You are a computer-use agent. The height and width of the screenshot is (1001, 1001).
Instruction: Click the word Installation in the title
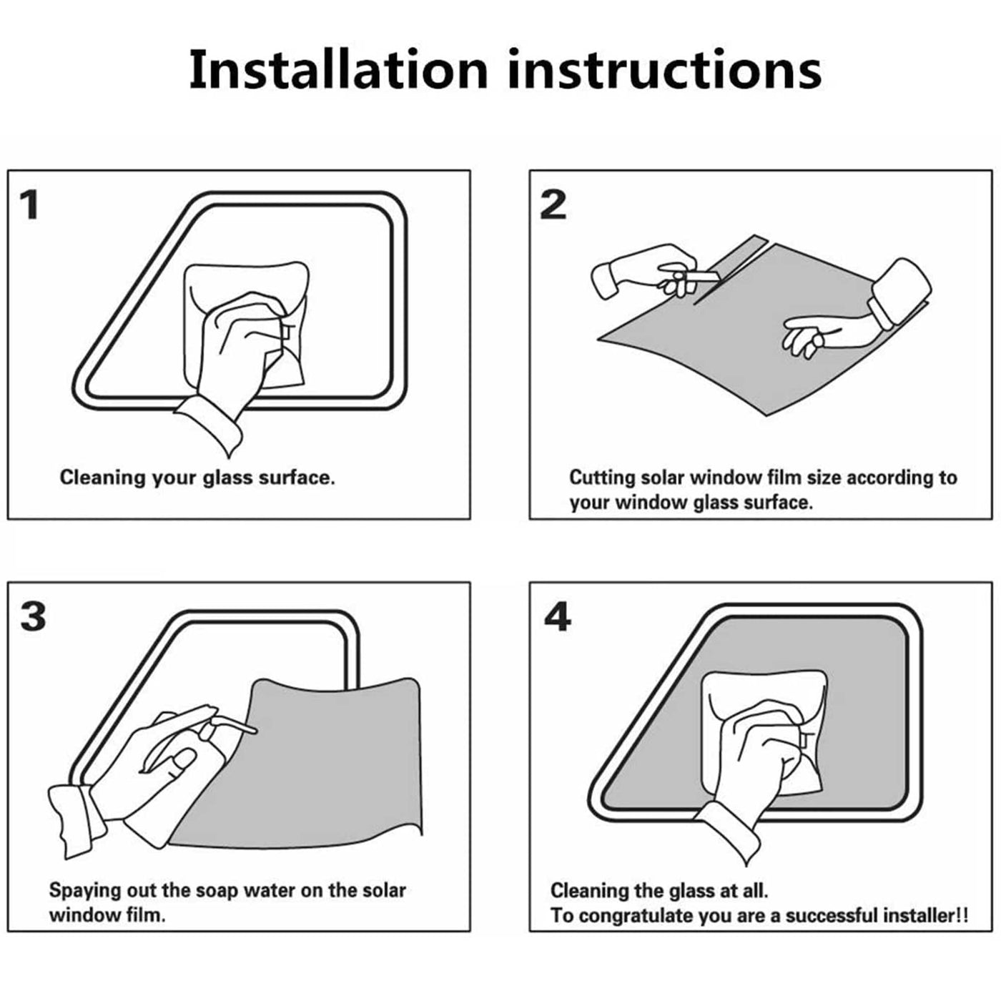tap(338, 70)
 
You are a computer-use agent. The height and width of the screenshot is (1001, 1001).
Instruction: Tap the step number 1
tap(30, 205)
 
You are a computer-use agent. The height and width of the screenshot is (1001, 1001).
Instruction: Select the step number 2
tap(553, 205)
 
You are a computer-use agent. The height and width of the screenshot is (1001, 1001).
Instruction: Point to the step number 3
tap(33, 617)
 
